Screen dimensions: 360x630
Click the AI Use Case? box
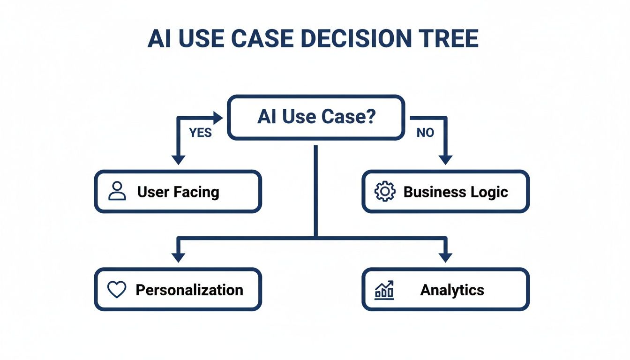tap(316, 117)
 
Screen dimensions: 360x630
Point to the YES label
tap(201, 133)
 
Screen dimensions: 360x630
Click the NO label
tap(425, 133)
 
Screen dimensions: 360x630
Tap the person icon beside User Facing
tap(117, 192)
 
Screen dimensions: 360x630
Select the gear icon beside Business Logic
tap(384, 192)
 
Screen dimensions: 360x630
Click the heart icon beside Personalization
tap(117, 290)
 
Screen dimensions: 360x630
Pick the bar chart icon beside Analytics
tap(384, 290)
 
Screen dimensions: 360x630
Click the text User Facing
tap(178, 192)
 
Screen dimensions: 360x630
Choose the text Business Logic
tap(456, 192)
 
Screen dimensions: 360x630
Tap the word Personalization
tap(189, 290)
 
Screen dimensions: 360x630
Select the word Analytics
tap(452, 290)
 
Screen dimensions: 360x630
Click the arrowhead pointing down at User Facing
tap(178, 159)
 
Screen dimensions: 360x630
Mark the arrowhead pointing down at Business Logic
tap(445, 159)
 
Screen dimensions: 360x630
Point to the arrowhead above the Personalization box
tap(178, 257)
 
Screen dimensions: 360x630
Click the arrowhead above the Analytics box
tap(445, 257)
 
